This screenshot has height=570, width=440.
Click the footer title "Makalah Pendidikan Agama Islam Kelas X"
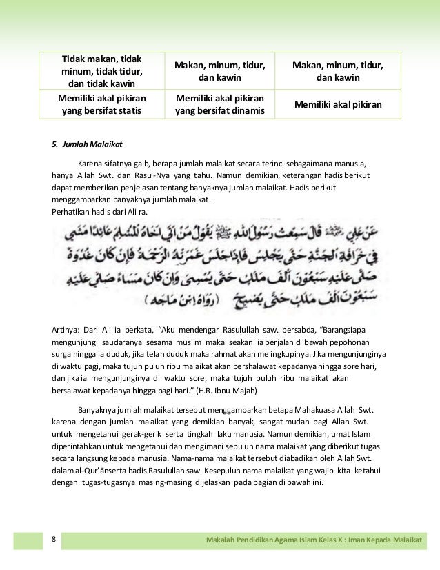282,538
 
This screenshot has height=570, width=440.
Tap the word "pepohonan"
347,342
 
